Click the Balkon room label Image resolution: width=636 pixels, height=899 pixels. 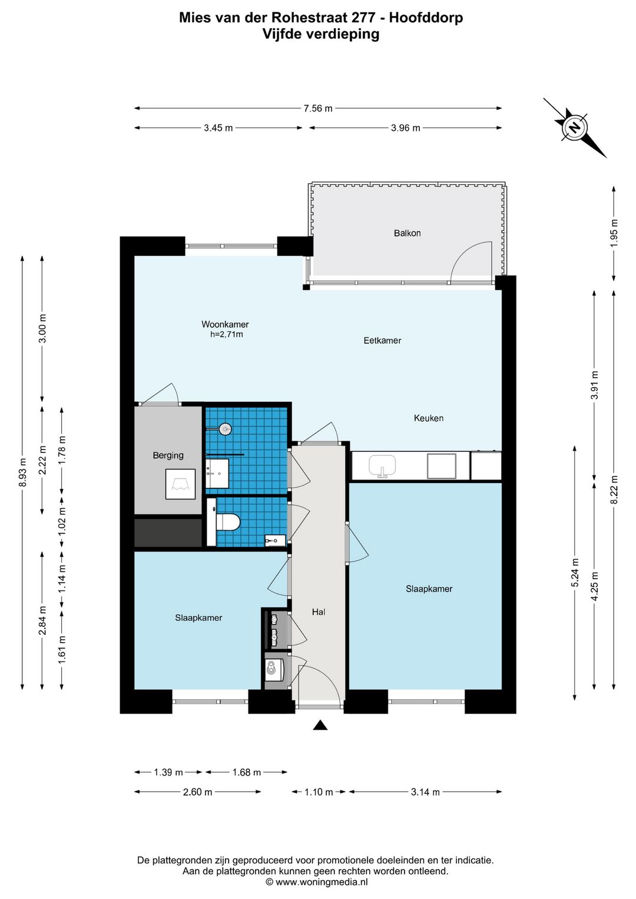(x=407, y=233)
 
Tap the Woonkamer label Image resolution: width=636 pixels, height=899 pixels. (x=225, y=324)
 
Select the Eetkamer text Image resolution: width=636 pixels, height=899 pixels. (x=382, y=341)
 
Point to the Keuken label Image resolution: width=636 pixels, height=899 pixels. (x=429, y=418)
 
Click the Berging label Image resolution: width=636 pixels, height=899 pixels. (x=168, y=455)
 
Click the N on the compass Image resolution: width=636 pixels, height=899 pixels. (x=575, y=128)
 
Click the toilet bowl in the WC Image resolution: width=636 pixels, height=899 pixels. (x=227, y=522)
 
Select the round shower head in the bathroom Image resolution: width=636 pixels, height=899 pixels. (x=226, y=429)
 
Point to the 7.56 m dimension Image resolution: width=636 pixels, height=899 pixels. (x=318, y=108)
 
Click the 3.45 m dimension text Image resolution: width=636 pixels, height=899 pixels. (x=218, y=128)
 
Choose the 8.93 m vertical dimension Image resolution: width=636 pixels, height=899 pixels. (x=22, y=472)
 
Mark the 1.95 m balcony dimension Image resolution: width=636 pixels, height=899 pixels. (x=614, y=233)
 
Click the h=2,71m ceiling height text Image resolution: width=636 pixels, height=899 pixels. (x=226, y=334)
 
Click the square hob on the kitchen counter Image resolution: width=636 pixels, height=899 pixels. (x=442, y=466)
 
